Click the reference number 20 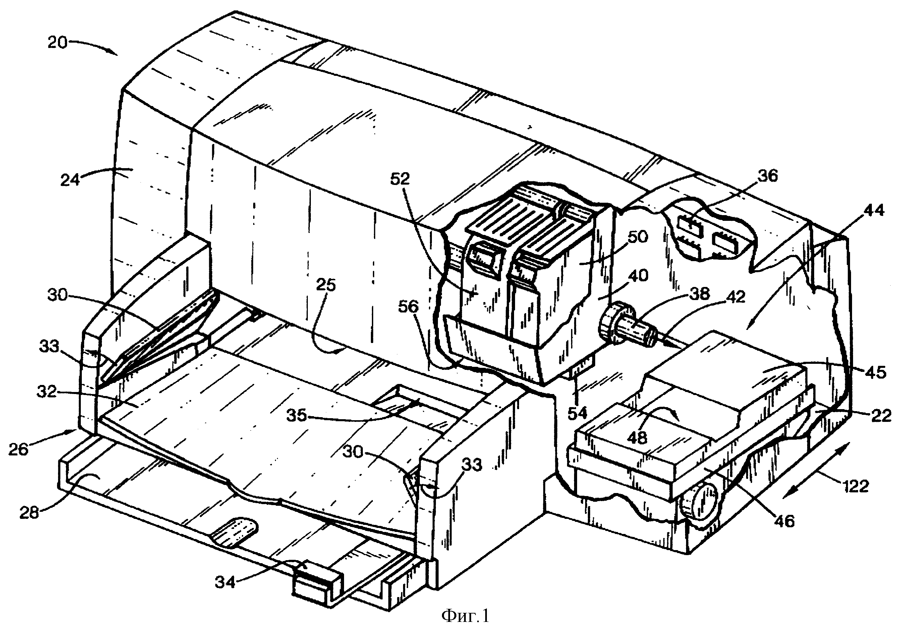(x=58, y=42)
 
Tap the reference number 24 (x=70, y=180)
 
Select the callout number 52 (x=399, y=179)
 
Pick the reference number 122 (x=854, y=487)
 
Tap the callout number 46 (x=783, y=521)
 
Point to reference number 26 (x=18, y=449)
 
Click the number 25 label (x=326, y=285)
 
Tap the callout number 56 (x=408, y=307)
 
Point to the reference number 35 (x=296, y=415)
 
